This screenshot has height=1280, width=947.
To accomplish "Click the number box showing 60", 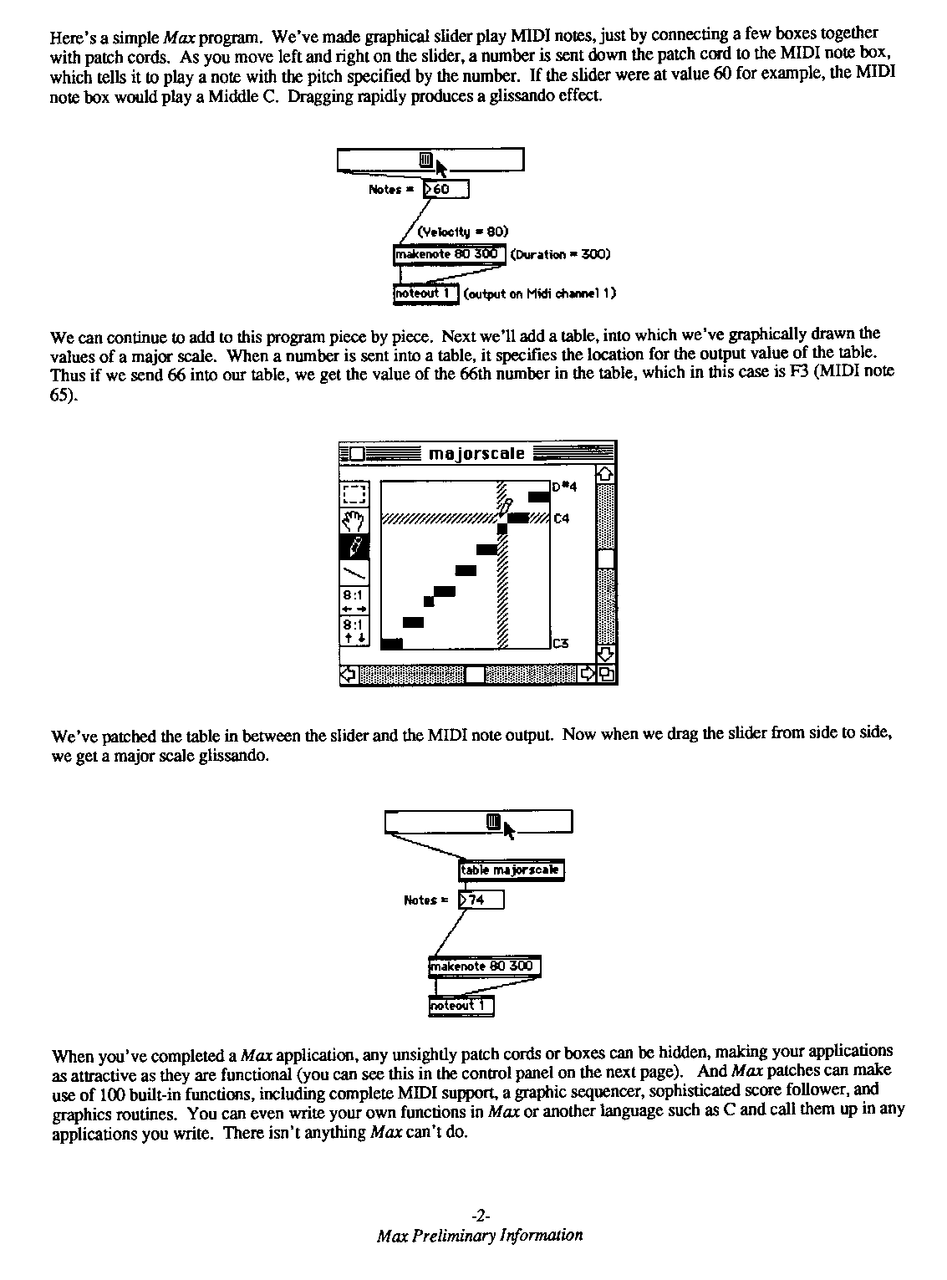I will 446,190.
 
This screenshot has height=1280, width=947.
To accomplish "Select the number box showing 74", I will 481,900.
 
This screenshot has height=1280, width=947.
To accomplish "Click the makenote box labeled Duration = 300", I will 448,254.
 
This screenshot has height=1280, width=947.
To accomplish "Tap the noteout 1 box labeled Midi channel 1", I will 425,293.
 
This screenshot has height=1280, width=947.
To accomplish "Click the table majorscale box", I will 511,870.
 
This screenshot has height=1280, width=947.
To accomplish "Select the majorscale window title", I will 476,454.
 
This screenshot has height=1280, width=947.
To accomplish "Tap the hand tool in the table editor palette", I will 354,522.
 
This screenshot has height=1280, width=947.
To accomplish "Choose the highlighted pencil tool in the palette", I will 354,548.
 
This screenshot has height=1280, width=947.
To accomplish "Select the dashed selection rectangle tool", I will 354,496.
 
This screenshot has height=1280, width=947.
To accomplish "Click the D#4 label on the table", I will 565,487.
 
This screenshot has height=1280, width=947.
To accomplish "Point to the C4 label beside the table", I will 562,519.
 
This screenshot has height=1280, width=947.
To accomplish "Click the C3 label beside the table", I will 561,644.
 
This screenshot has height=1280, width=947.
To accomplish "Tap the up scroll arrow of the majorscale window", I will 606,474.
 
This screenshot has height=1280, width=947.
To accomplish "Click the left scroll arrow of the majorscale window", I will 349,674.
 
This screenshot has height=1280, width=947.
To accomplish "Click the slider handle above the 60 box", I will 425,160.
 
